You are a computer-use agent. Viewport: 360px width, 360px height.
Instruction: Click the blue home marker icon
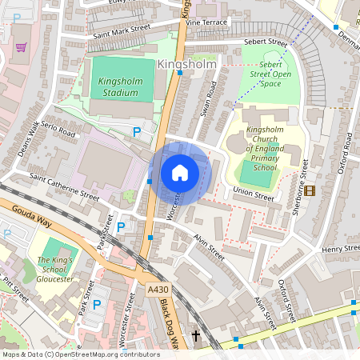click(x=180, y=172)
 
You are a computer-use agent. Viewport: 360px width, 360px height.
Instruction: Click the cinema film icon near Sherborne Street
click(x=310, y=190)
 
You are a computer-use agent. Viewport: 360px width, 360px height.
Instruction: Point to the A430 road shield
click(x=158, y=290)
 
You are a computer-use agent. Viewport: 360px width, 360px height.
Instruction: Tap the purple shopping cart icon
click(x=21, y=46)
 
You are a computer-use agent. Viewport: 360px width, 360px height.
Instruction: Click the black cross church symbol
click(x=195, y=336)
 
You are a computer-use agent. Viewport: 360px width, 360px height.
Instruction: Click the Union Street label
click(x=248, y=191)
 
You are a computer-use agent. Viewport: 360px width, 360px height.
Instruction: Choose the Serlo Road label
click(x=59, y=131)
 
